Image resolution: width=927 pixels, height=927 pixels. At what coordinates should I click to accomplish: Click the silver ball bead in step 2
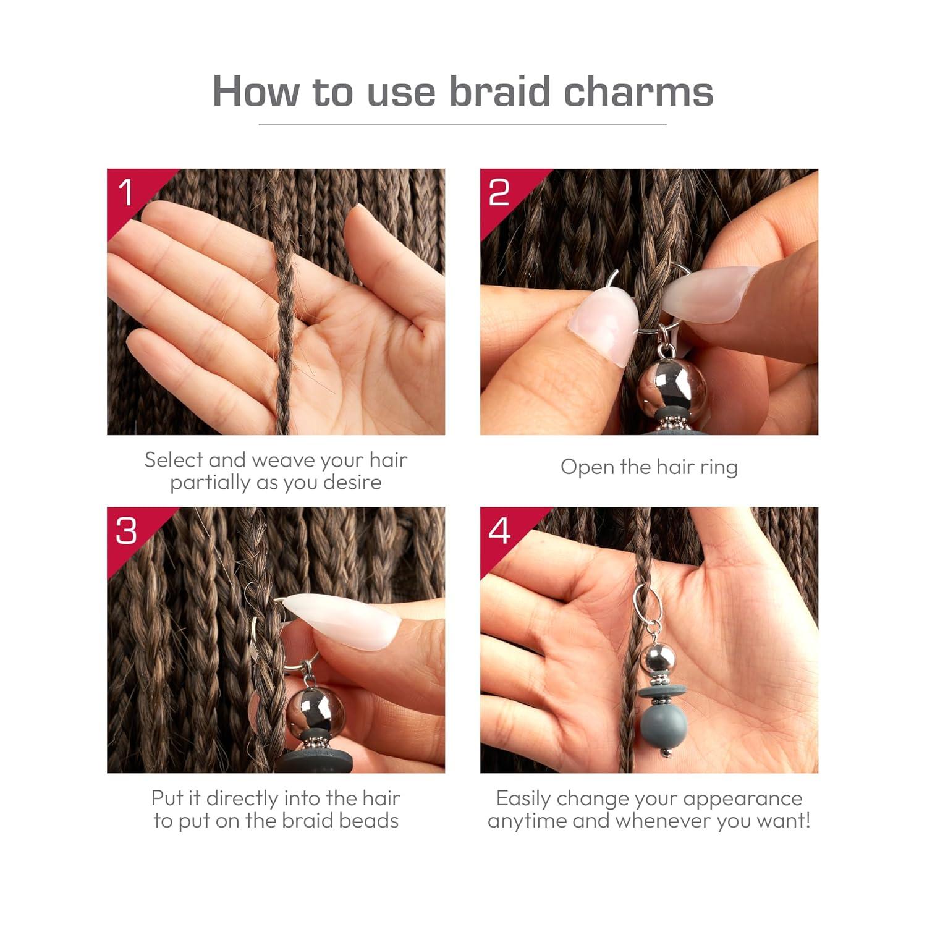[663, 386]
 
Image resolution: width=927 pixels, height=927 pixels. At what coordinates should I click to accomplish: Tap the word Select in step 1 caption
[174, 460]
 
